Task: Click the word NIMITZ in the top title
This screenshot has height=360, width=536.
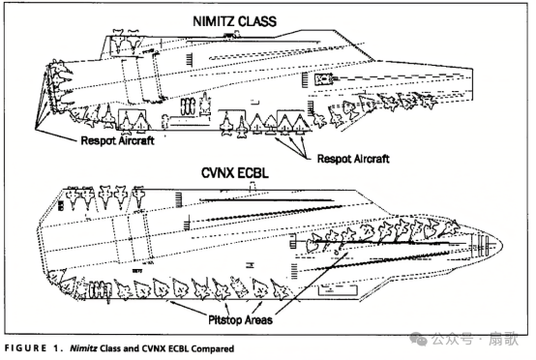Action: tap(213, 21)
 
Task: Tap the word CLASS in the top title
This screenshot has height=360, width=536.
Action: tap(256, 21)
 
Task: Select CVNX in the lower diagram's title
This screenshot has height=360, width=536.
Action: tap(218, 172)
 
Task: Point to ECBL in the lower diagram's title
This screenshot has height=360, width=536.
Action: tap(253, 172)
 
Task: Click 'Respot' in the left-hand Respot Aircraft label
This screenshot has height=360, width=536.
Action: tap(97, 141)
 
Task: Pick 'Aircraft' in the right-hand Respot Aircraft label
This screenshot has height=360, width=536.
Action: tap(372, 159)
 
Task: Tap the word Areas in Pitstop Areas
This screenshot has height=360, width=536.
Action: tap(258, 320)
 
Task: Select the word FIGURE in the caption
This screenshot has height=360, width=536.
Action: tap(25, 348)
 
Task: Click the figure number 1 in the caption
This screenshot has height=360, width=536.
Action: tap(57, 348)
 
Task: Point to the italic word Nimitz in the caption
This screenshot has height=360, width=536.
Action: tap(84, 348)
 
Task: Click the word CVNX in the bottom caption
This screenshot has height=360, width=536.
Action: tap(155, 348)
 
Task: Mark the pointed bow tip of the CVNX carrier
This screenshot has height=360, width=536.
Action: tap(502, 245)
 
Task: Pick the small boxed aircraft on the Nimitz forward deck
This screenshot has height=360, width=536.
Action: tap(323, 79)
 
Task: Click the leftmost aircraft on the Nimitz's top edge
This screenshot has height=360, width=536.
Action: tap(118, 41)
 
